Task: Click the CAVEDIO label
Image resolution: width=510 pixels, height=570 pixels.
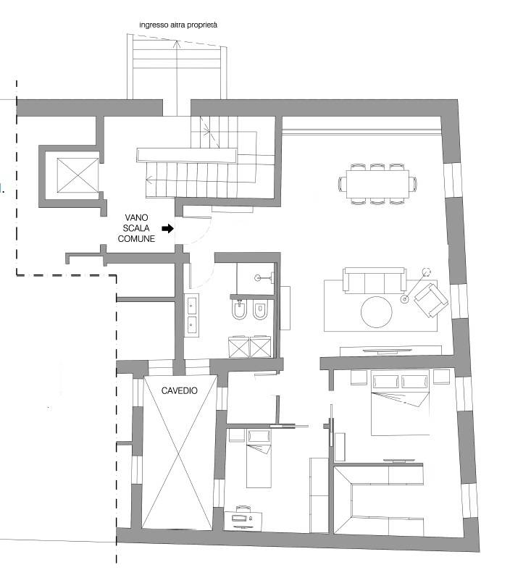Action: pos(179,390)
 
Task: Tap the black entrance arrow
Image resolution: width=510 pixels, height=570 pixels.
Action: pos(167,228)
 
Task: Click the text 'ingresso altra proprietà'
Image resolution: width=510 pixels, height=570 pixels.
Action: pos(178,25)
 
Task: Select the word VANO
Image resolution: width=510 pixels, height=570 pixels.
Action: pos(136,217)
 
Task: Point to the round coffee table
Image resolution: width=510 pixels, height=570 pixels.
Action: pos(377,312)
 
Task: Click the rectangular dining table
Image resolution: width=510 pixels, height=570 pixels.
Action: pos(377,184)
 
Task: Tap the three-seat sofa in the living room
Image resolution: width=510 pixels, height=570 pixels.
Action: pos(375,280)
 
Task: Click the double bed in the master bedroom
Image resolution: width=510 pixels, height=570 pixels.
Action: pos(400,403)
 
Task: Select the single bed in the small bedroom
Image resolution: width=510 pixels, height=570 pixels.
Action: pos(259,458)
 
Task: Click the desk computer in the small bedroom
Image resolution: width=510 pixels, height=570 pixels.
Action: pos(243,516)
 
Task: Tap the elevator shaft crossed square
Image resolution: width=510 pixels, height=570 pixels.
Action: pos(78,175)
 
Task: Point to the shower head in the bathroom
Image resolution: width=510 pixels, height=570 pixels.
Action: pos(258,277)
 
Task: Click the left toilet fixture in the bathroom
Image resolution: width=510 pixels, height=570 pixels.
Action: pos(239,310)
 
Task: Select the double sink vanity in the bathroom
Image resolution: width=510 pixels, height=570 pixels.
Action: pos(191,315)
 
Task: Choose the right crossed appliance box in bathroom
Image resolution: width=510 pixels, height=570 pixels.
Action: pos(260,347)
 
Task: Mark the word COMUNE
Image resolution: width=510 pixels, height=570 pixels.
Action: pos(136,238)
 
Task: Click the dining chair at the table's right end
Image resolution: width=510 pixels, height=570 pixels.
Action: pos(413,184)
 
